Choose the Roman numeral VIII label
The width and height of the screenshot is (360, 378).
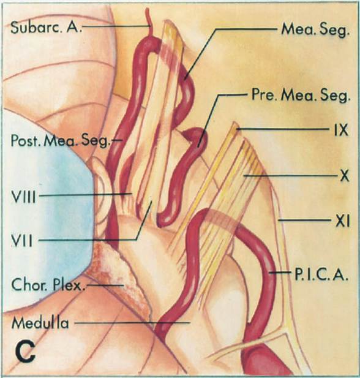pos(23,197)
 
